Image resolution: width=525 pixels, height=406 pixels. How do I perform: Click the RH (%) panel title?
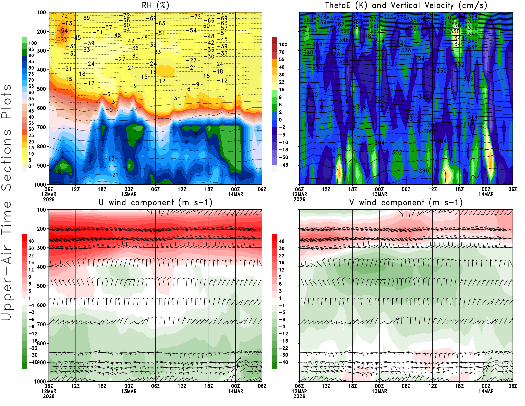point(155,6)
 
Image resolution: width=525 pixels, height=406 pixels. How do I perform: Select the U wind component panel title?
point(156,203)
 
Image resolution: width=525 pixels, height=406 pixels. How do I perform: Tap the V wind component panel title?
point(406,203)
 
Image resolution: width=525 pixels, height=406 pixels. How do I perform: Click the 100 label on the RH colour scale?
point(32,43)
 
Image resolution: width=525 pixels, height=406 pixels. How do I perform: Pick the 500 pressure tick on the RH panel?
point(42,89)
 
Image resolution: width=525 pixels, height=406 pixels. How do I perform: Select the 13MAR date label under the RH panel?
point(129,194)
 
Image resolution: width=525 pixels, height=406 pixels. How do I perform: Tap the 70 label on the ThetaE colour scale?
point(282,52)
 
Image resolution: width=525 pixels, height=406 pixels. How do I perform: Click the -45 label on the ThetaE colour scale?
point(283,165)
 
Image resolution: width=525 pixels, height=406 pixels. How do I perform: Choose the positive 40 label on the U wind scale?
point(31,241)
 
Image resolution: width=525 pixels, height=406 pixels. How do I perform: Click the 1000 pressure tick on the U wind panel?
point(40,381)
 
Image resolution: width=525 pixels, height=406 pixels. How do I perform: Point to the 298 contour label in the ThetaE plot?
point(424,170)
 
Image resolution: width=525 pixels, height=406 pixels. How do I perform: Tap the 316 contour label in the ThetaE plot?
point(361,107)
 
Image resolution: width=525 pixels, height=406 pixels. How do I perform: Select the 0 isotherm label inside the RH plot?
point(111,110)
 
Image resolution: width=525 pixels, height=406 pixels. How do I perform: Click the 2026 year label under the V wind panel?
point(299,396)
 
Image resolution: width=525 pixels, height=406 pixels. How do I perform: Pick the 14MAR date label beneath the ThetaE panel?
point(486,194)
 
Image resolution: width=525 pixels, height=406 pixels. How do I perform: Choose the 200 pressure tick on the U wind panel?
point(42,229)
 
